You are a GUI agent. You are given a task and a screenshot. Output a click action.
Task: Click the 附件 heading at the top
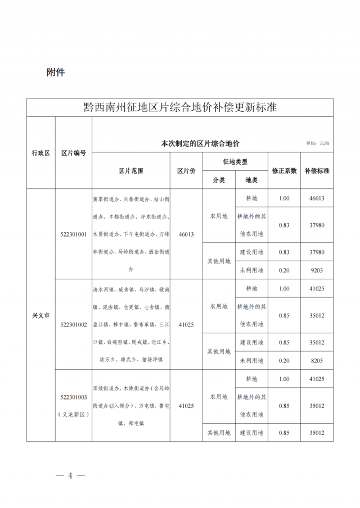point(56,72)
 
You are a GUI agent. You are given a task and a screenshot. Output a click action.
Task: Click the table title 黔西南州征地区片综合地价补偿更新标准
point(180,107)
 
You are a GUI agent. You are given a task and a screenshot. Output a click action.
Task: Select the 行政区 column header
point(40,153)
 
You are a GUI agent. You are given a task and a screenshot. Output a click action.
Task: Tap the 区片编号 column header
point(73,153)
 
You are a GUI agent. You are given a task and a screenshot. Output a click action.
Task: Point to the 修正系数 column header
point(283,170)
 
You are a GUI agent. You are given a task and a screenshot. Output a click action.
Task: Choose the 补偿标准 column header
point(317,170)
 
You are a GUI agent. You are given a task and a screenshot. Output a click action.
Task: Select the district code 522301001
point(73,234)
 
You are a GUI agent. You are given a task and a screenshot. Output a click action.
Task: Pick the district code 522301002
point(73,325)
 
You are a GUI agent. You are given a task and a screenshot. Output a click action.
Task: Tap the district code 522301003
point(73,397)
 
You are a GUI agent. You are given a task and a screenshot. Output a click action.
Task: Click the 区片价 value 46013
point(186,234)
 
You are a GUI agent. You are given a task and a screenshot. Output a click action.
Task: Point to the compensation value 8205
point(317,360)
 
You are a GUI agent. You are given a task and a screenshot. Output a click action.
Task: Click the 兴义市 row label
point(40,315)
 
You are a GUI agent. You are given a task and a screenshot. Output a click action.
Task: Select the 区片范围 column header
point(130,170)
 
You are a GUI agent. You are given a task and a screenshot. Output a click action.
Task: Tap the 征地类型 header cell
point(235,162)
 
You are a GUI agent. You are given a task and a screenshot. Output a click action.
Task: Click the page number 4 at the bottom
point(70,475)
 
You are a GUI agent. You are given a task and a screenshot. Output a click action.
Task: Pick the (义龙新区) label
point(73,414)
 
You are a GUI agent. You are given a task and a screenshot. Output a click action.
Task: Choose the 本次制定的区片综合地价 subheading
point(200,143)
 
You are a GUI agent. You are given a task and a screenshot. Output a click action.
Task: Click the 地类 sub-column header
point(251,180)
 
